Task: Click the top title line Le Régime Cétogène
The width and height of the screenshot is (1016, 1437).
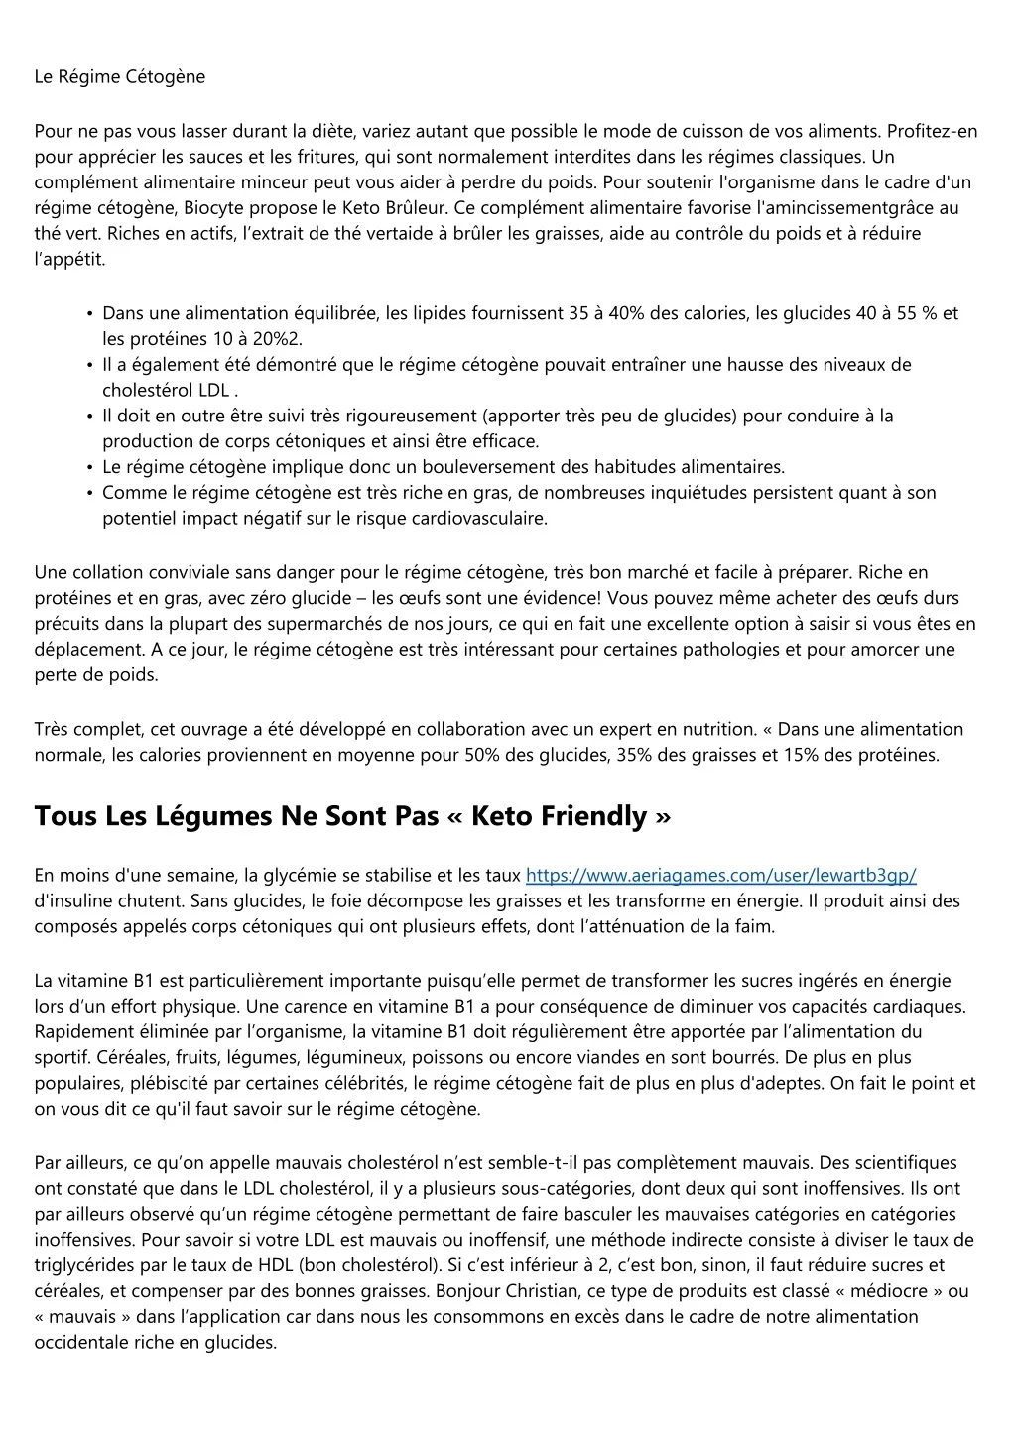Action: [119, 77]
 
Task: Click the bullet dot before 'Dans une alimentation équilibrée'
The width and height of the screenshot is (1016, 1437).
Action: [90, 314]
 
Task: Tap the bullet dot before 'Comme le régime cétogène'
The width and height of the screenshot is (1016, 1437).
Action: [90, 493]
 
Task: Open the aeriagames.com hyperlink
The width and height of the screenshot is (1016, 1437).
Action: [720, 876]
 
